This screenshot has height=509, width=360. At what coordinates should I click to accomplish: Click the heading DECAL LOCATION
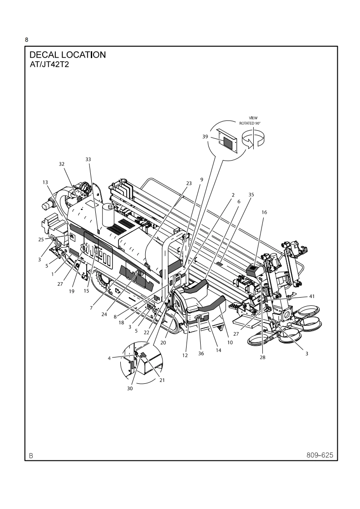(x=68, y=55)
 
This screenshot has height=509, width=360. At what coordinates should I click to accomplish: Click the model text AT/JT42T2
(x=49, y=64)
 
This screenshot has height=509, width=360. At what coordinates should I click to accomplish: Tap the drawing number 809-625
(x=319, y=455)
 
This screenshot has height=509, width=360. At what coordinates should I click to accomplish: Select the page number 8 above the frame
(x=27, y=40)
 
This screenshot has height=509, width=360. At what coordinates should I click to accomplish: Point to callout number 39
(x=205, y=136)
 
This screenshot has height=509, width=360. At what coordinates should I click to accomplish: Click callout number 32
(x=61, y=164)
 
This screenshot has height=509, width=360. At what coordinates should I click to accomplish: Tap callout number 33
(x=88, y=159)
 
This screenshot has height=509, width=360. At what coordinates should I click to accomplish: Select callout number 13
(x=45, y=182)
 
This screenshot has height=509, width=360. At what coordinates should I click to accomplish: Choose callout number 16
(x=265, y=212)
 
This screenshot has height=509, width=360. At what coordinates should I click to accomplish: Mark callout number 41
(x=312, y=296)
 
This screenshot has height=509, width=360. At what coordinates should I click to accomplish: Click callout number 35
(x=251, y=195)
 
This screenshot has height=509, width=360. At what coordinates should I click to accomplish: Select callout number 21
(x=162, y=380)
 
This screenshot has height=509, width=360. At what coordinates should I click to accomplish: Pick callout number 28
(x=262, y=357)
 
